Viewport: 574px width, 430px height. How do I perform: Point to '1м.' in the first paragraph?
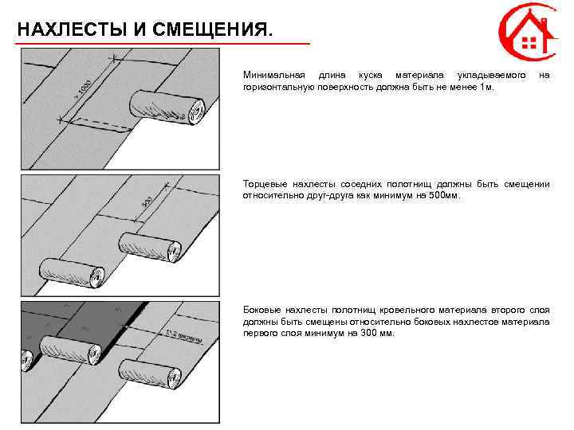[x=486, y=84]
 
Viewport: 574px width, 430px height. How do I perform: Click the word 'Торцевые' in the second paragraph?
[x=262, y=184]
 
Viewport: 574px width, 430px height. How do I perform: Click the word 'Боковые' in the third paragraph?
[x=261, y=311]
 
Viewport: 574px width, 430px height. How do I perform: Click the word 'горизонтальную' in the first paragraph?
[x=280, y=84]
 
